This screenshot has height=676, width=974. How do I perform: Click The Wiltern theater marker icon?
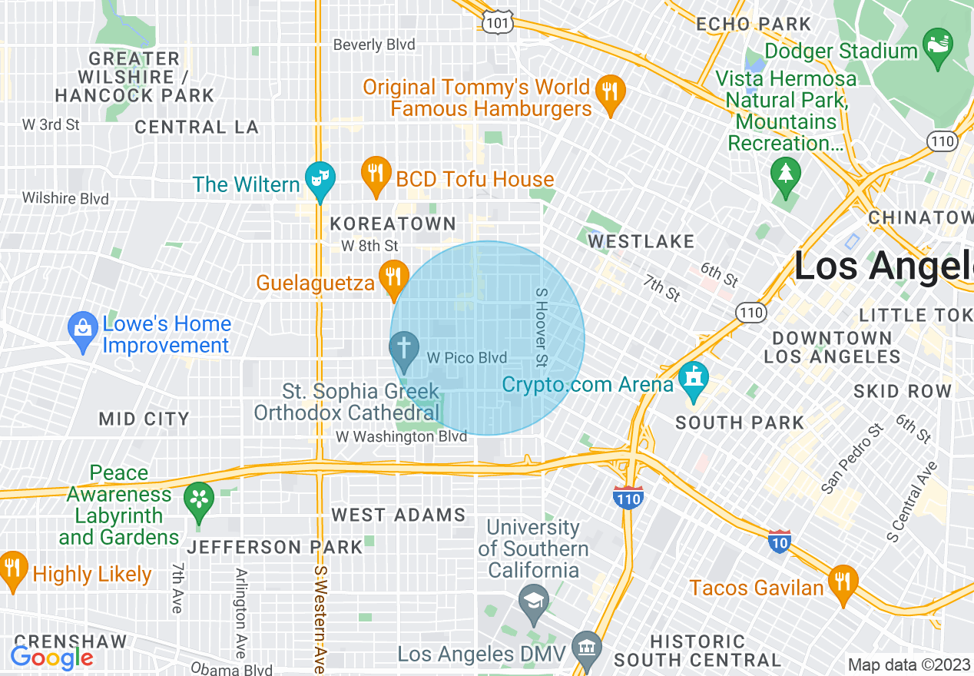click(316, 177)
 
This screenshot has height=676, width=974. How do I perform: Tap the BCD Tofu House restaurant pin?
click(375, 173)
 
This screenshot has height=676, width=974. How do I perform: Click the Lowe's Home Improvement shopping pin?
click(81, 328)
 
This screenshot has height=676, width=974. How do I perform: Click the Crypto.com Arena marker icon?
click(694, 378)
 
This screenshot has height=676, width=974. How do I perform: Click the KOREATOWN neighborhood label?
click(393, 224)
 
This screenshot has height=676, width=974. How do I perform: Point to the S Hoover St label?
click(540, 327)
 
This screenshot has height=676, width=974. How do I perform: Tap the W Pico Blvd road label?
click(467, 358)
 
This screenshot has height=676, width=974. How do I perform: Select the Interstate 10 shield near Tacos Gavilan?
click(780, 540)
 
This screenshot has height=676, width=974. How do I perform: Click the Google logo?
click(51, 658)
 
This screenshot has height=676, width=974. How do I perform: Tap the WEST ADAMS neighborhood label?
click(398, 515)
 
